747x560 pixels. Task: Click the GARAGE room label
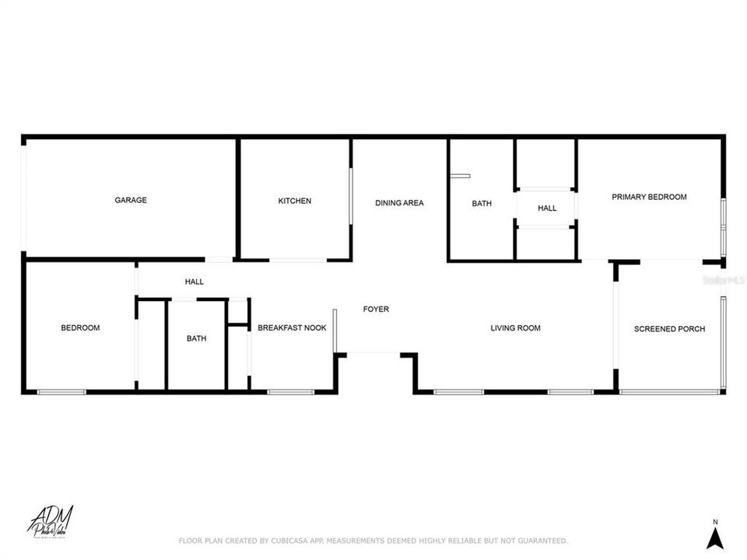[131, 201]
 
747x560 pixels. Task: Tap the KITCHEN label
[295, 201]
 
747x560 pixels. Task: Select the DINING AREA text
[399, 204]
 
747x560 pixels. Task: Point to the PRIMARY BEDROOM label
[649, 198]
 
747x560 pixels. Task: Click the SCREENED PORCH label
[669, 329]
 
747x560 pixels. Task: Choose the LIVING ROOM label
[515, 328]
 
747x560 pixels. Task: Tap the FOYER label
[376, 310]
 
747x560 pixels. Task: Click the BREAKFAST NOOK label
[292, 328]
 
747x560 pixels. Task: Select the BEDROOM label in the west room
[80, 328]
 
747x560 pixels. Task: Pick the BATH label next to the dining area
[482, 204]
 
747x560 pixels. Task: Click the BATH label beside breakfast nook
[196, 338]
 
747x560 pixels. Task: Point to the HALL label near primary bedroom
[547, 208]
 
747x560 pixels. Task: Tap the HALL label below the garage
[194, 282]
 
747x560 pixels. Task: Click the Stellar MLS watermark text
[723, 278]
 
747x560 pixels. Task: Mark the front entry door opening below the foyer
[373, 354]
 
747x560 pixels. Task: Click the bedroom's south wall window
[61, 392]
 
